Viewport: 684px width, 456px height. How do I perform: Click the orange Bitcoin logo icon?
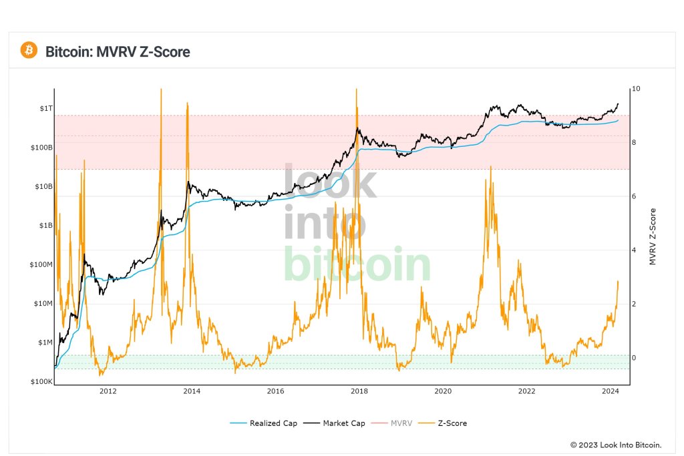(29, 50)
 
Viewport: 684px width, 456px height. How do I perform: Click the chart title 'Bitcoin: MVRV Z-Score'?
(118, 51)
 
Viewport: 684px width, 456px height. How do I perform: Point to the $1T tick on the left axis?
(44, 108)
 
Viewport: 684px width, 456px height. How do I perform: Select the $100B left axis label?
(41, 147)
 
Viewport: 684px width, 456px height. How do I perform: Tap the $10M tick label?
(43, 304)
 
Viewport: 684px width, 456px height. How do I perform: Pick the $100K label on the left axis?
(41, 382)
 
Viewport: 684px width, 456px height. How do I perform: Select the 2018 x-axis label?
(359, 391)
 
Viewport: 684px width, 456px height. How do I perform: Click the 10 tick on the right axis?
(637, 89)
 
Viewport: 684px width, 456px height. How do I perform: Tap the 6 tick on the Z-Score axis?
(635, 196)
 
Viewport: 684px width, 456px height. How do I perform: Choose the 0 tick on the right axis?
(635, 358)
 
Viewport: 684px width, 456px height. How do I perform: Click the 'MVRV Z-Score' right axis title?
(653, 235)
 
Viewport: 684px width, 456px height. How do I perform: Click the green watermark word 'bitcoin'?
(357, 265)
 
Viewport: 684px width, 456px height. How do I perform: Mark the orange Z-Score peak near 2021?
(491, 167)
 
